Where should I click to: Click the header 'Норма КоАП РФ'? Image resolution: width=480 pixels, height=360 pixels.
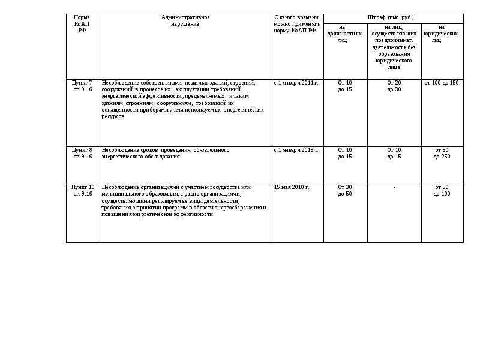82,24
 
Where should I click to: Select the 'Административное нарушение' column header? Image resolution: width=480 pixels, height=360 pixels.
185,21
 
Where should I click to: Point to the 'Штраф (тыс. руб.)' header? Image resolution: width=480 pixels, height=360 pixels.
393,18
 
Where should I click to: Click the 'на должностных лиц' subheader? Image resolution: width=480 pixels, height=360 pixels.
345,34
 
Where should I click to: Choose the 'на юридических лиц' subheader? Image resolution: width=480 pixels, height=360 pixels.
442,34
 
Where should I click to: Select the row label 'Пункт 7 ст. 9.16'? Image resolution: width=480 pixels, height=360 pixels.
82,86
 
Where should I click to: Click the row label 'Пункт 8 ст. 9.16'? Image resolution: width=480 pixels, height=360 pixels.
82,153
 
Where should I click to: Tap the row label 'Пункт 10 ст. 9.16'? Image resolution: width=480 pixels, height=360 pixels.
82,190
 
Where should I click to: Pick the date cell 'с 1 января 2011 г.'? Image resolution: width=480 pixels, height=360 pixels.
296,83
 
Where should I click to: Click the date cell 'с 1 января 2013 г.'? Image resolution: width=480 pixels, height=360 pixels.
296,150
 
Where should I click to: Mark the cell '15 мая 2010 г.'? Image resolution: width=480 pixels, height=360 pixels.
292,187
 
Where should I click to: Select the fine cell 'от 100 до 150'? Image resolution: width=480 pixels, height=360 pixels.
442,83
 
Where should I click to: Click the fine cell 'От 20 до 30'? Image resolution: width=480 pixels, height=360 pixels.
394,86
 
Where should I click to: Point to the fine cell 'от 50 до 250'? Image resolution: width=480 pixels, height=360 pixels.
442,153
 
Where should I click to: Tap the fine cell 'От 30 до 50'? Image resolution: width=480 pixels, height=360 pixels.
345,190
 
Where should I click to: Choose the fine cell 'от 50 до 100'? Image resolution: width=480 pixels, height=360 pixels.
442,190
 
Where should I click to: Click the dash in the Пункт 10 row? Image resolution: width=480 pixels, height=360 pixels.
394,188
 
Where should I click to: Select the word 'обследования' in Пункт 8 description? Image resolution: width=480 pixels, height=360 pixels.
162,157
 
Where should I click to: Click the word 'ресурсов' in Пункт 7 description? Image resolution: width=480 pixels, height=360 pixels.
113,116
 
